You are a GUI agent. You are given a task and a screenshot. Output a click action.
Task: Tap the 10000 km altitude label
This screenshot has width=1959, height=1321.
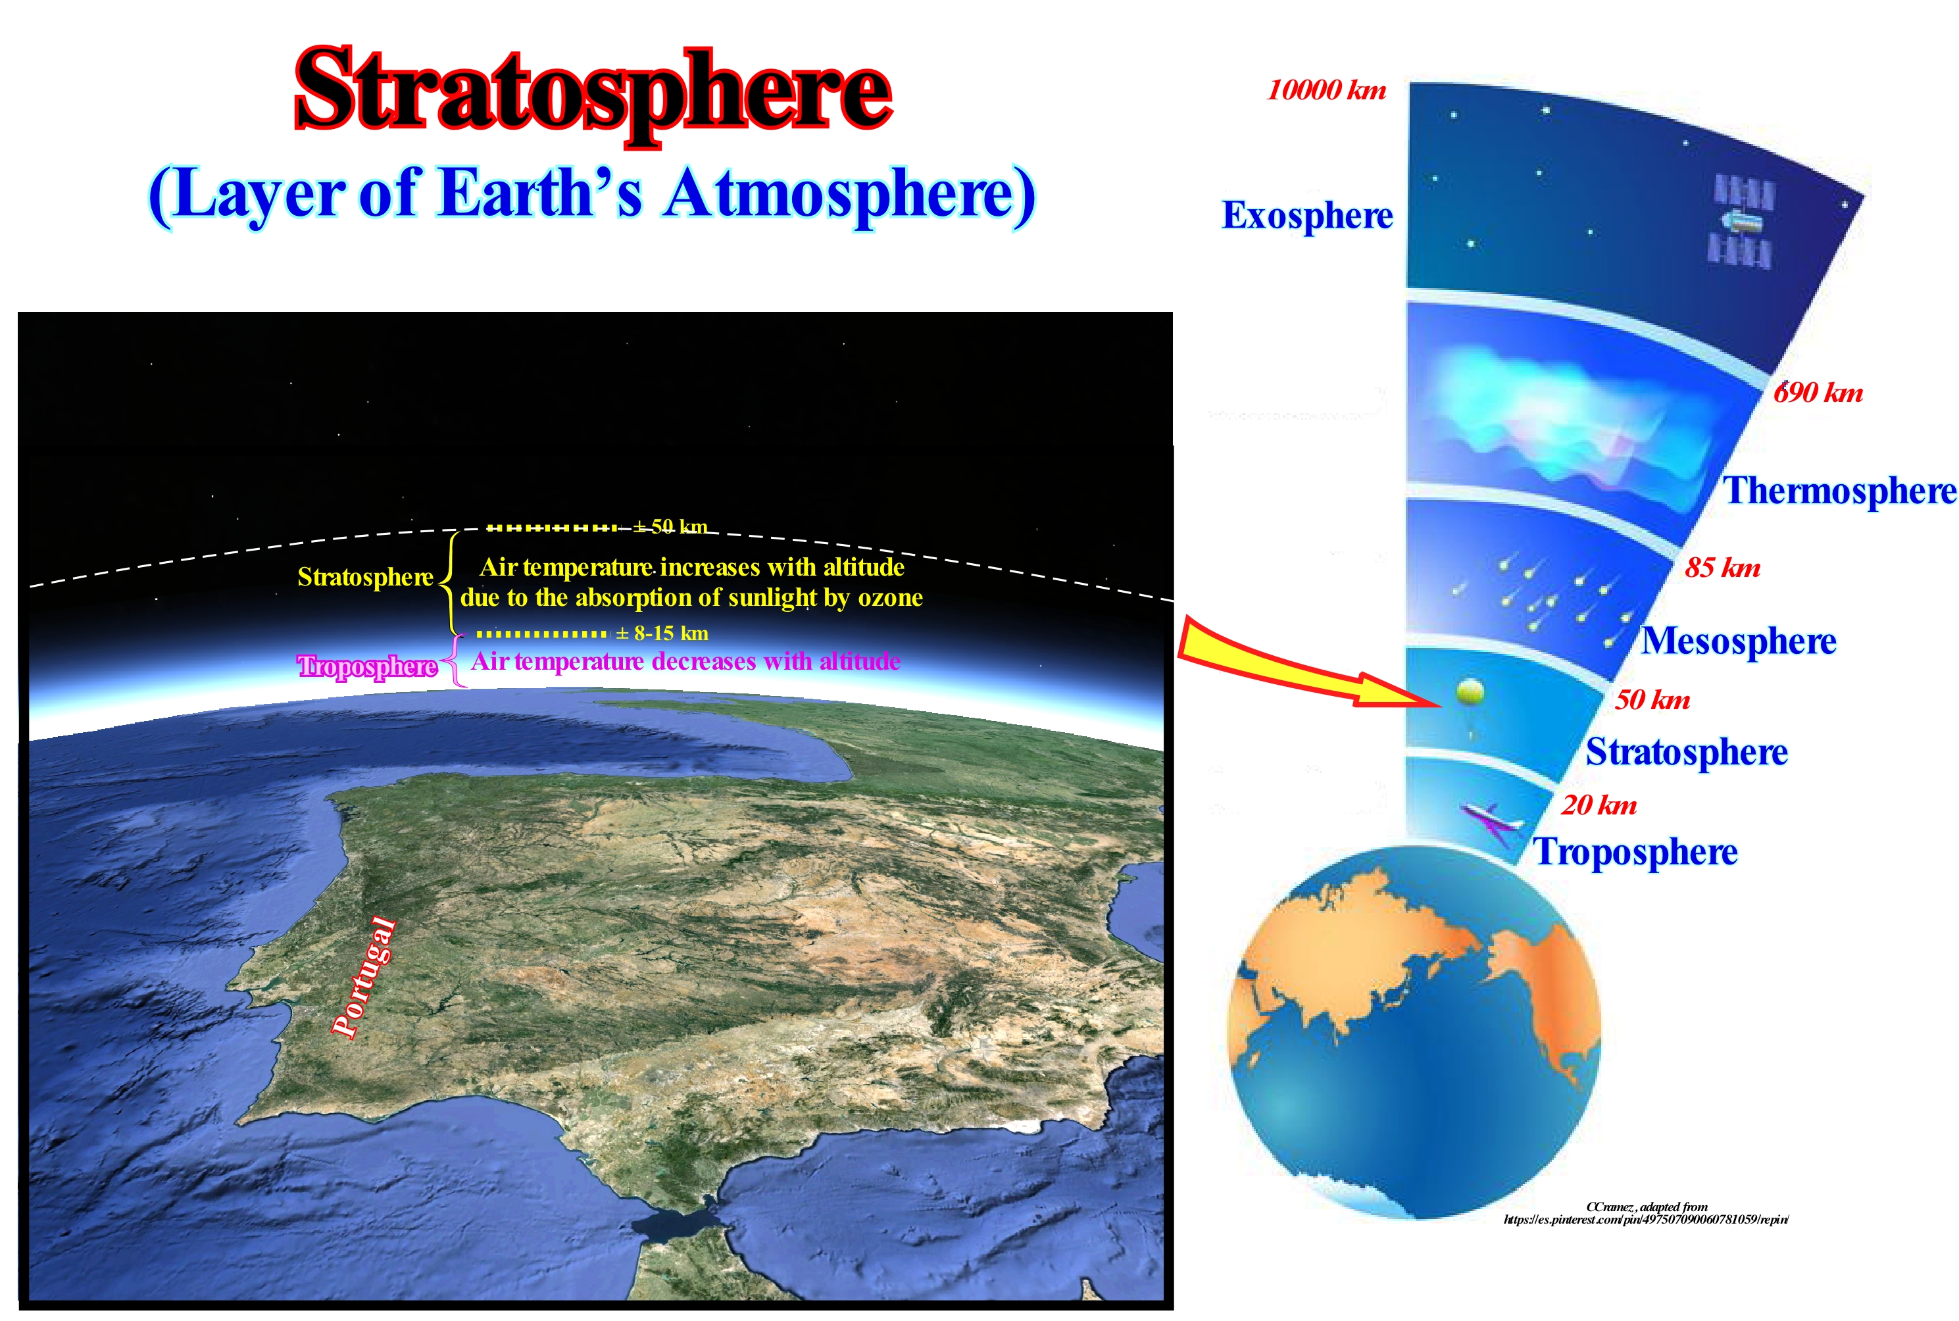[1326, 90]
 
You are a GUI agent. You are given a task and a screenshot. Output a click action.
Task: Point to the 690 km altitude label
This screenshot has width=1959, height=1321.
[1818, 391]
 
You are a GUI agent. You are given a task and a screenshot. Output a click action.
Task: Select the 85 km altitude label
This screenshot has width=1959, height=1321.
[1722, 567]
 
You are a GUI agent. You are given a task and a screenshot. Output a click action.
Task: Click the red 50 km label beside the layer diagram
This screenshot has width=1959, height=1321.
[1652, 699]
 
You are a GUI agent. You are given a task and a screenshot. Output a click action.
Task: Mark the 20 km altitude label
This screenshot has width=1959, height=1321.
[1599, 805]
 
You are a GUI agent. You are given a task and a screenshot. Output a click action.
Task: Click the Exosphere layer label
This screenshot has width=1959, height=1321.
[1307, 216]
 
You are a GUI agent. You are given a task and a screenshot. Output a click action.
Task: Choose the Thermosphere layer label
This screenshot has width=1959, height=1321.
[1840, 490]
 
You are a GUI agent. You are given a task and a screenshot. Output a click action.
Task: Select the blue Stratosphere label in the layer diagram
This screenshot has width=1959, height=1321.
[1686, 751]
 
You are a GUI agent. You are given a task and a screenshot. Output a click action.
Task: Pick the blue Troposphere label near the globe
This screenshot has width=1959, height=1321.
[1635, 852]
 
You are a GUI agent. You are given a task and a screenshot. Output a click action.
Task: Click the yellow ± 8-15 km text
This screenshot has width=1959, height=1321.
[662, 634]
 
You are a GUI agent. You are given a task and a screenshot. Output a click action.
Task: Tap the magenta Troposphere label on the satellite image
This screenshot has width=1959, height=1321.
[367, 666]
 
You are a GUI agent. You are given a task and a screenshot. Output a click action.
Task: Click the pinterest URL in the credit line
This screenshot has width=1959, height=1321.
[1646, 1219]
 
